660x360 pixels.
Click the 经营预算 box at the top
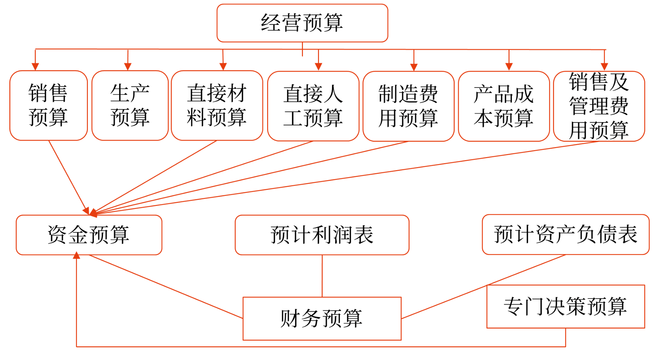click(x=302, y=23)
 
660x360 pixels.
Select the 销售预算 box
click(x=48, y=105)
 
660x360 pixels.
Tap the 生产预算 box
click(x=130, y=105)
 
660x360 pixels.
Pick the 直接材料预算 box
click(x=217, y=105)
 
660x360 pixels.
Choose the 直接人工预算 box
click(x=313, y=106)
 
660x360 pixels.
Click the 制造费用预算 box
click(x=408, y=106)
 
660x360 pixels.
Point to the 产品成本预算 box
click(x=504, y=106)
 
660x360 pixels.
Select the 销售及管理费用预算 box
click(x=599, y=106)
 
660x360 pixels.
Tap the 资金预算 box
click(x=89, y=235)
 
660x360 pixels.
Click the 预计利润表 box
click(x=322, y=235)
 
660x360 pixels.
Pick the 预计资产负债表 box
click(x=565, y=234)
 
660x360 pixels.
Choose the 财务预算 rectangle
click(x=322, y=318)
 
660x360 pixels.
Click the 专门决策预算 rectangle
click(x=565, y=306)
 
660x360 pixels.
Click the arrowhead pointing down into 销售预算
click(x=35, y=67)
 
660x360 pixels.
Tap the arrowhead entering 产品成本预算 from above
click(x=509, y=67)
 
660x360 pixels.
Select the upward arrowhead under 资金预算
click(x=77, y=256)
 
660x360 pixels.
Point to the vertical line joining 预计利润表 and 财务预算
click(x=322, y=276)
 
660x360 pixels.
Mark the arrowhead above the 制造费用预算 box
click(x=414, y=67)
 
